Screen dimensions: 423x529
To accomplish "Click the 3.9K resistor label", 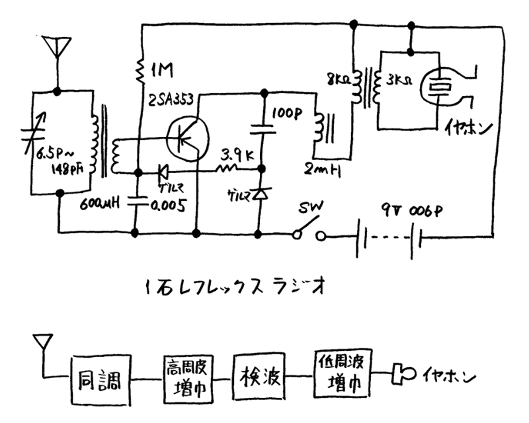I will tap(237, 157).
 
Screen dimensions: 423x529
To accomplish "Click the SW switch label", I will tap(309, 207).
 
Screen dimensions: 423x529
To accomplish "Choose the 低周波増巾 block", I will tap(341, 373).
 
